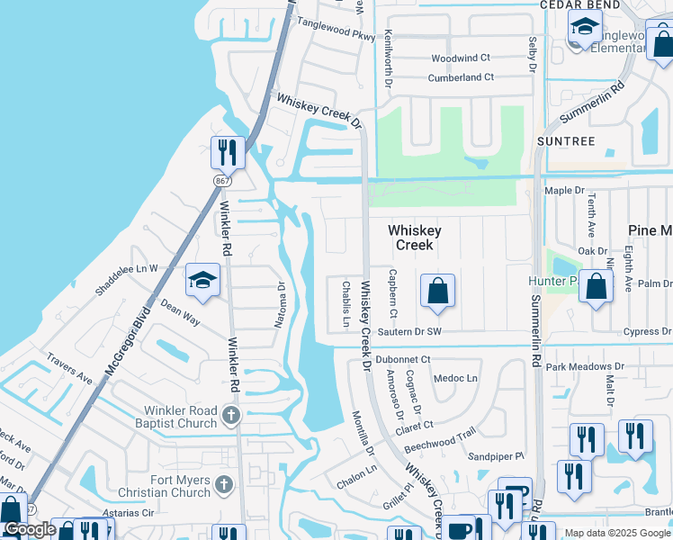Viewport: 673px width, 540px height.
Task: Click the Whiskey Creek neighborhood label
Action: tap(415, 238)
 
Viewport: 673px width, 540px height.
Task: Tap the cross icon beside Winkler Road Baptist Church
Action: tap(231, 415)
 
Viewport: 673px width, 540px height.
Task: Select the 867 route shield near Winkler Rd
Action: tap(222, 182)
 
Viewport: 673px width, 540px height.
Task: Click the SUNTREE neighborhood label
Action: tap(566, 141)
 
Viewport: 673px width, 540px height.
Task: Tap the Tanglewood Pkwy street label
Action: tap(335, 30)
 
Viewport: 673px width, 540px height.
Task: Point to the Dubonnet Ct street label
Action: tap(403, 359)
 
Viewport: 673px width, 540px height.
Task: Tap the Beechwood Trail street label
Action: tap(438, 441)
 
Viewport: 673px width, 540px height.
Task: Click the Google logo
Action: tap(30, 529)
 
